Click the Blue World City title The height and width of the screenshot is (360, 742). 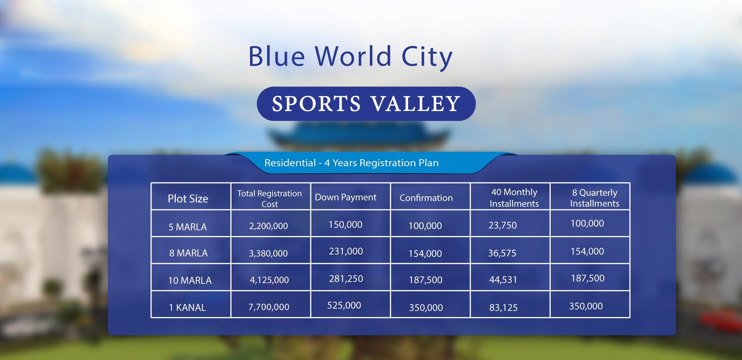[350, 57]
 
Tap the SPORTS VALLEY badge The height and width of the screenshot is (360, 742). [366, 104]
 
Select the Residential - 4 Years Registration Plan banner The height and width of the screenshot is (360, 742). [351, 163]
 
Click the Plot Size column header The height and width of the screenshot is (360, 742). [188, 199]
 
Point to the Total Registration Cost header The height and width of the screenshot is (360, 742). [269, 199]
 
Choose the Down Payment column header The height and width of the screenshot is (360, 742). [345, 197]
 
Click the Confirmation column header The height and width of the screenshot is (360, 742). [426, 198]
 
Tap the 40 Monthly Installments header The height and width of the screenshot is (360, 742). [514, 198]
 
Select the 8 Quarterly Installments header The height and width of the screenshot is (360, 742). [594, 198]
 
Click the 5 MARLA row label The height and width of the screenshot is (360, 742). [187, 227]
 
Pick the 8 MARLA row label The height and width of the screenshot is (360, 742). [188, 253]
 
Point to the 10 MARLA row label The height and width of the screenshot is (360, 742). [190, 280]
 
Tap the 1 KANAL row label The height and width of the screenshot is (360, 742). [187, 307]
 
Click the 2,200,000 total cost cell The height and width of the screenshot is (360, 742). [268, 226]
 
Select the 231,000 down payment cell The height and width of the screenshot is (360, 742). [346, 251]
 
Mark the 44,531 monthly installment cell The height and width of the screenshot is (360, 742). [503, 280]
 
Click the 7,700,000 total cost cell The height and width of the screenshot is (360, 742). [269, 307]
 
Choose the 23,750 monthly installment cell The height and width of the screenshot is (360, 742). [502, 225]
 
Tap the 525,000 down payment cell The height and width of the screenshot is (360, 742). [344, 306]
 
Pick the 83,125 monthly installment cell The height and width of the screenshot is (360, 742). [503, 307]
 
